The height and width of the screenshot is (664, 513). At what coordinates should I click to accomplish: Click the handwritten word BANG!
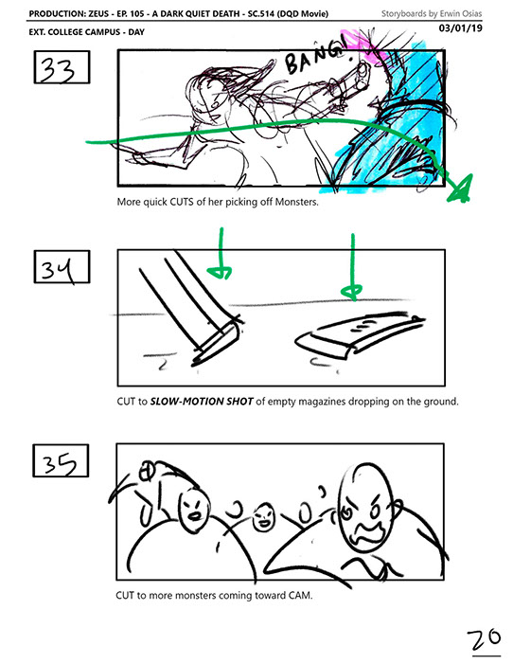(x=315, y=58)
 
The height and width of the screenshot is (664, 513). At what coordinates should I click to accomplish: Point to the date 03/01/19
(x=461, y=28)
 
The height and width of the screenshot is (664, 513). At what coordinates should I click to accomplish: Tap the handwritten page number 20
(x=484, y=639)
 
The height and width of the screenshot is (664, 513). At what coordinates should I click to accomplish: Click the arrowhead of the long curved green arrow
(x=461, y=189)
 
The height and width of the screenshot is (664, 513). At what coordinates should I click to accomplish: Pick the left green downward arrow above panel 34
(x=221, y=253)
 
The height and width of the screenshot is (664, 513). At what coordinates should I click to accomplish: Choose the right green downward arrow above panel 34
(x=353, y=268)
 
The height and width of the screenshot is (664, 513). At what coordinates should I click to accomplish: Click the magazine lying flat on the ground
(x=360, y=334)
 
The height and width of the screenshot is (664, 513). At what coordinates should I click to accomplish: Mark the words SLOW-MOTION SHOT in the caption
(x=202, y=401)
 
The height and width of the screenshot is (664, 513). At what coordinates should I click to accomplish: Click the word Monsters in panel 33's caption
(x=296, y=202)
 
